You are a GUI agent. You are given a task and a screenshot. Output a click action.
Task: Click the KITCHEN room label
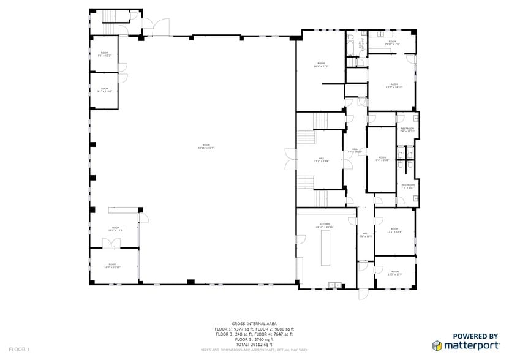click(x=324, y=225)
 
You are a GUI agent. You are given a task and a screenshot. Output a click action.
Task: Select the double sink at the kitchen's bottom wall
click(x=335, y=284)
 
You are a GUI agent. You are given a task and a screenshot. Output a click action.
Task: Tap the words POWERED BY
click(x=474, y=336)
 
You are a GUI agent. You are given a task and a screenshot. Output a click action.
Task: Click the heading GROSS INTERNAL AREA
click(x=254, y=323)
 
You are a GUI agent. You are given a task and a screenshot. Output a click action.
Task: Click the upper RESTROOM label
click(x=407, y=130)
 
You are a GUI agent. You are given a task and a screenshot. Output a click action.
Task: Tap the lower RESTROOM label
click(x=407, y=186)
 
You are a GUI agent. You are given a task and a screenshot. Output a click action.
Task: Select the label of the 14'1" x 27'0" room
click(x=320, y=65)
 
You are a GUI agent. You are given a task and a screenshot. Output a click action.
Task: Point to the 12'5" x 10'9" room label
click(x=394, y=272)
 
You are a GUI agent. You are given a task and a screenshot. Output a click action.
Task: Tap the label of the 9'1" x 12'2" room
click(x=104, y=54)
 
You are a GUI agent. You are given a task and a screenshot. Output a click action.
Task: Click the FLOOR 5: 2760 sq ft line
click(x=254, y=339)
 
